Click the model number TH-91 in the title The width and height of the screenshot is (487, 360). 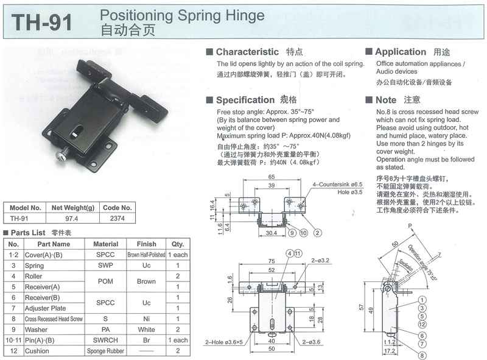[x=42, y=21]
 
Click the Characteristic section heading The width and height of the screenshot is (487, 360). [x=247, y=52]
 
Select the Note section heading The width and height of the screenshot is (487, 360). [x=385, y=100]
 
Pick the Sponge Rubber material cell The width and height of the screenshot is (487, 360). [x=105, y=351]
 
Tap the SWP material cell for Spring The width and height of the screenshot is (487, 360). [x=105, y=266]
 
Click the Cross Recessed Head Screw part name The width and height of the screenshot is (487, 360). [x=53, y=319]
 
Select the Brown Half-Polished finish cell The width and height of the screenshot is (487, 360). [x=146, y=255]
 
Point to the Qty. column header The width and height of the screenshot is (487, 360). [x=177, y=244]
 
